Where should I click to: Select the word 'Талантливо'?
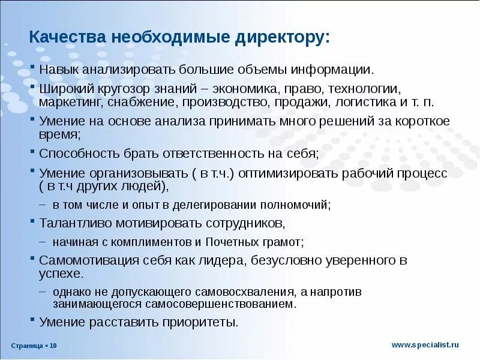coord(74,223)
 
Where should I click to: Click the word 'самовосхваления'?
coord(238,292)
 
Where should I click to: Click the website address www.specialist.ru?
coord(425,344)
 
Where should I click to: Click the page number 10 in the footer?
coord(53,346)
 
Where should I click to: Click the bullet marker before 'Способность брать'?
coord(34,153)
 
